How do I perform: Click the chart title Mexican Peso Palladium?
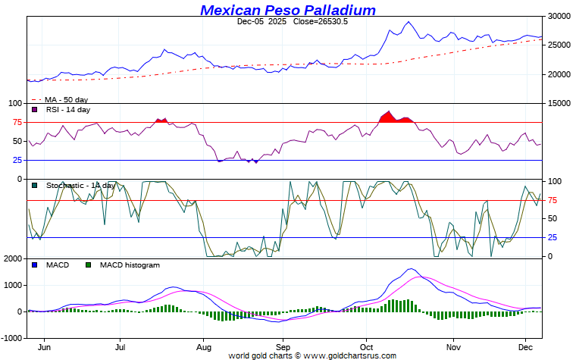(x=288, y=10)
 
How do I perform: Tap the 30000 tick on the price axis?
(x=559, y=16)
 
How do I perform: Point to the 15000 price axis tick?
(x=559, y=104)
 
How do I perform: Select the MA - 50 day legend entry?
(x=66, y=99)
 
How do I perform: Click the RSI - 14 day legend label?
(x=67, y=110)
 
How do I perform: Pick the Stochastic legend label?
(x=80, y=186)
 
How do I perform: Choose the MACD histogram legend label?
(x=130, y=265)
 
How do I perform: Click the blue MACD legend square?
(x=35, y=265)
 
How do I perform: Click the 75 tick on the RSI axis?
(x=16, y=122)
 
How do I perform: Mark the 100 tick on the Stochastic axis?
(x=555, y=181)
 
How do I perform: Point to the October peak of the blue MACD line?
(x=411, y=269)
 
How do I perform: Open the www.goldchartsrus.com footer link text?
(x=352, y=355)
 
